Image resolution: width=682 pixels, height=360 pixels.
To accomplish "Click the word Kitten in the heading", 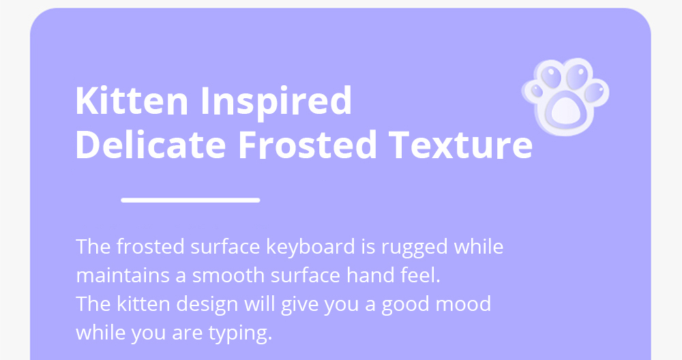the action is coord(132,100).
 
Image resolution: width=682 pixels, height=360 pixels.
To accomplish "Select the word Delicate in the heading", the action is coord(151,144).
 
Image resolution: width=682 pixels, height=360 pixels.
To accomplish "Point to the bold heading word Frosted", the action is coord(307,144).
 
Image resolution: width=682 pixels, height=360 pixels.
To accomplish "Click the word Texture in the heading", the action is coord(460,145).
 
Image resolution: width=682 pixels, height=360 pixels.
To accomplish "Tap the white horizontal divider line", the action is coord(190,200).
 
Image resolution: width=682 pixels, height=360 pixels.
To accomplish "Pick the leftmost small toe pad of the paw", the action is coord(537,91).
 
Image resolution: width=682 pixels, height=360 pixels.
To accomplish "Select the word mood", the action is coord(464,303).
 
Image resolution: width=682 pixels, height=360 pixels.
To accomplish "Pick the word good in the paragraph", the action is coord(406,305).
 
